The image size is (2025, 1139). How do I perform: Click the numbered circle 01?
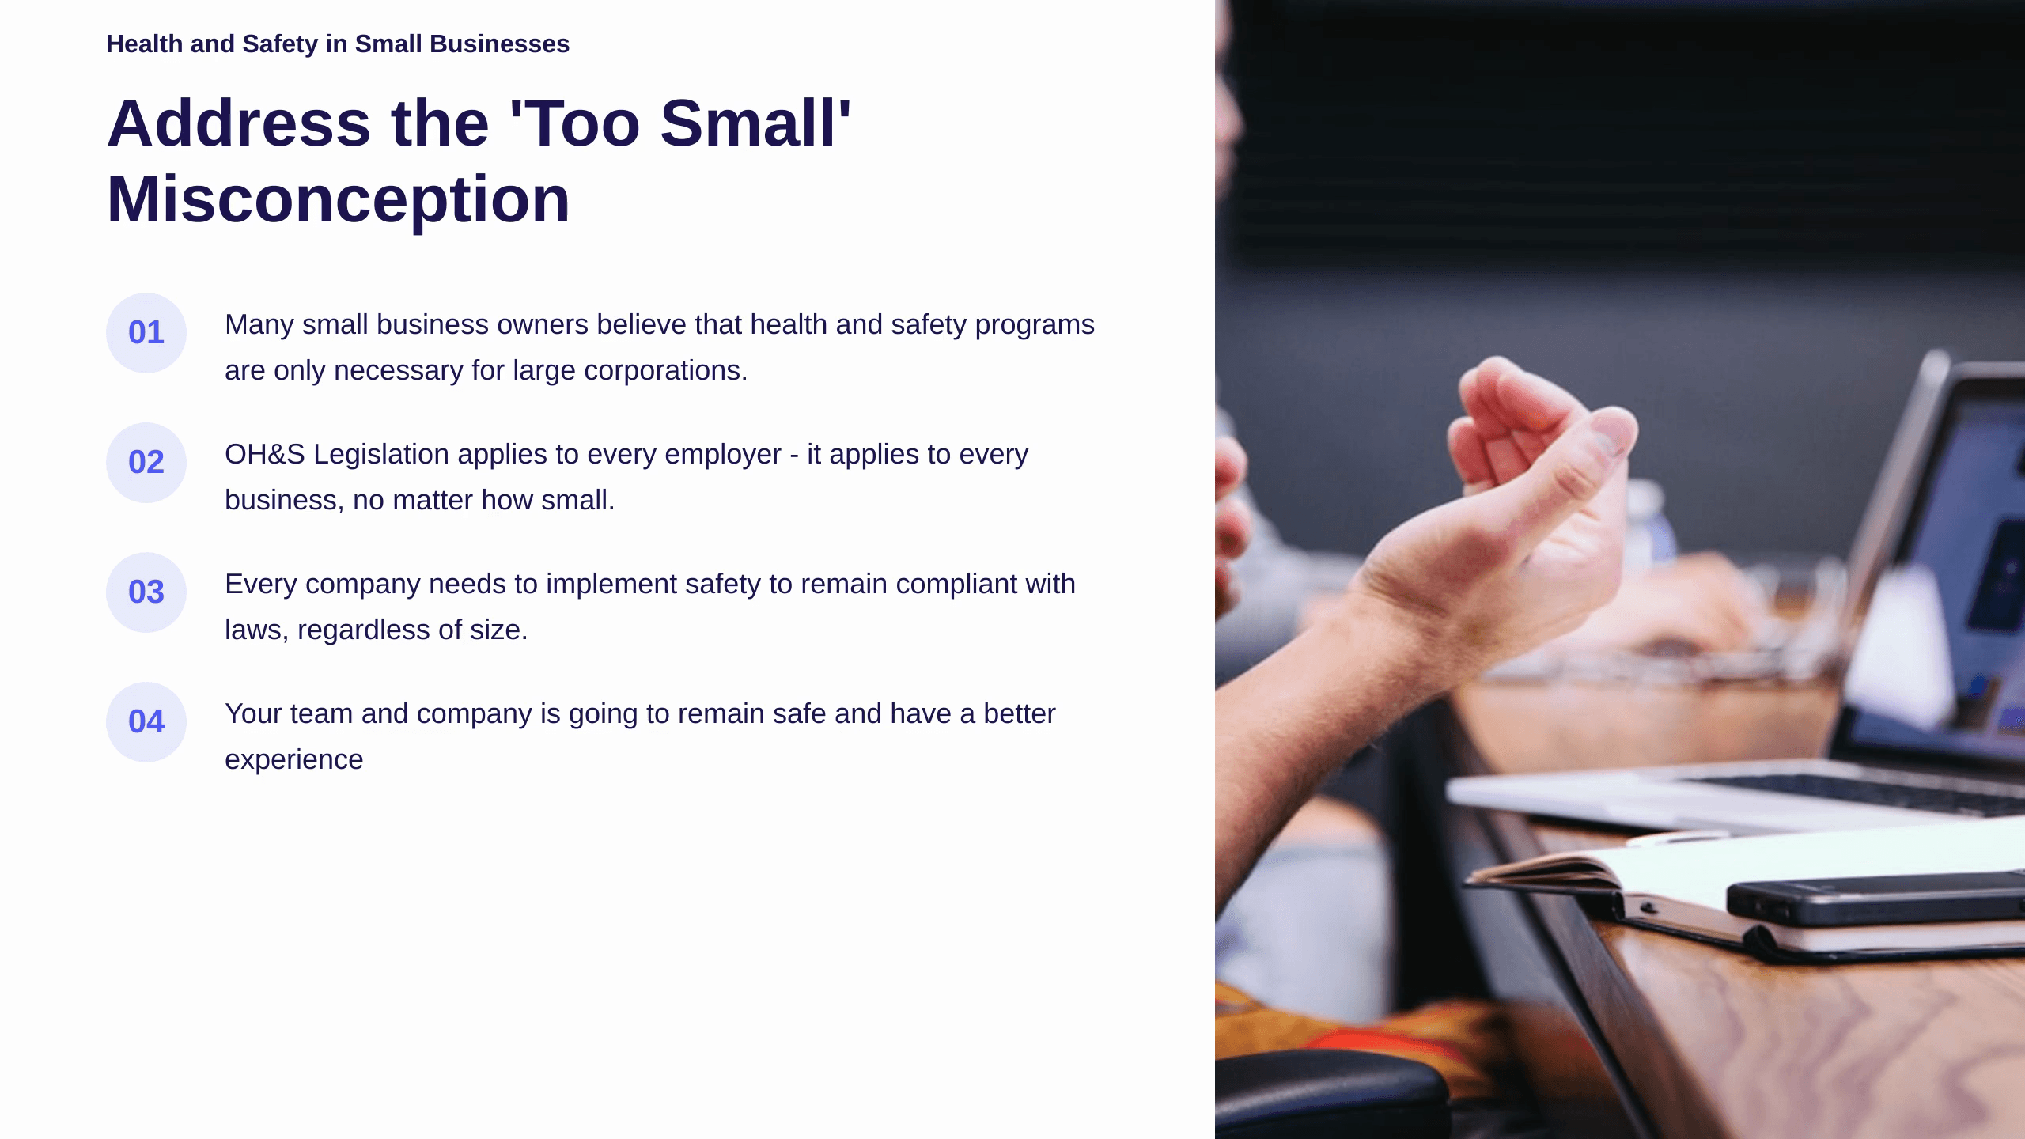146,333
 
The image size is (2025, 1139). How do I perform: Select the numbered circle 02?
146,463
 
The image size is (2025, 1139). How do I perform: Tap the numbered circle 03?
146,592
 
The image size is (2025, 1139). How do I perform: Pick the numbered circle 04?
146,722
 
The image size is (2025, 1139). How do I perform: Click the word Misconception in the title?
339,200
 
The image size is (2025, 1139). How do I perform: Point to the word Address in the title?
239,123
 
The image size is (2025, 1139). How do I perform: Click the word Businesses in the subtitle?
499,44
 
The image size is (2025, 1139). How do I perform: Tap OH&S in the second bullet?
265,454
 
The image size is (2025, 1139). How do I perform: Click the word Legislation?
381,455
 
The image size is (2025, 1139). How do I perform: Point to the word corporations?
665,371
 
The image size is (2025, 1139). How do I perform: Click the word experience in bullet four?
294,760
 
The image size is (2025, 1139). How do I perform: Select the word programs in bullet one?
1035,325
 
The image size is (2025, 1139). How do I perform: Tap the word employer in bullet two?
723,456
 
